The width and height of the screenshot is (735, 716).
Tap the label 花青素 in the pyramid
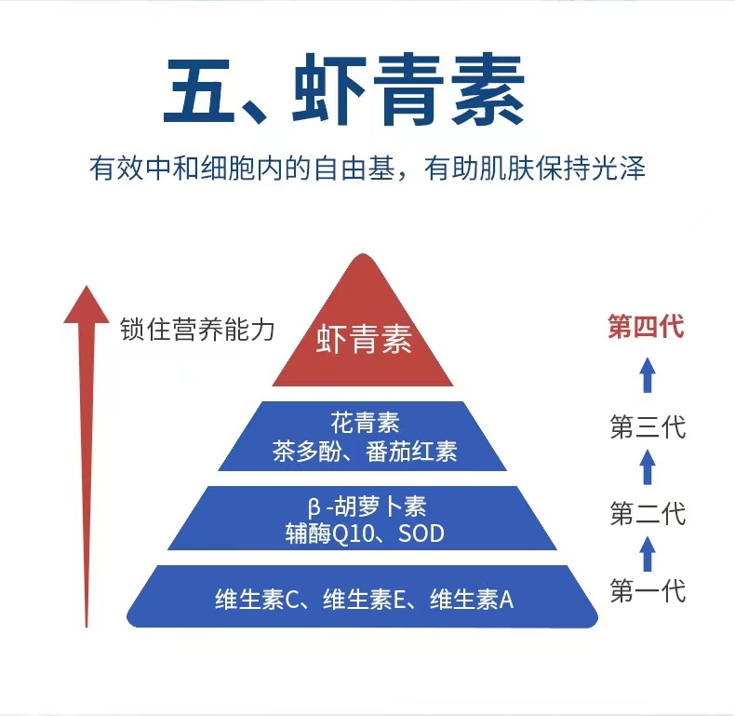coord(365,423)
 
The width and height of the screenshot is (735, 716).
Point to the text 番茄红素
coord(411,452)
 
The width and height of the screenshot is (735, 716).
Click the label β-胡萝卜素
coord(367,507)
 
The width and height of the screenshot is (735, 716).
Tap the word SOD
coord(421,534)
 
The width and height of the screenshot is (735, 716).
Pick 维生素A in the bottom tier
coord(472,600)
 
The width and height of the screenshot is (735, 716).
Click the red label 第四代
coord(646,327)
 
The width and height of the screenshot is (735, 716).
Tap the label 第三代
coord(648,427)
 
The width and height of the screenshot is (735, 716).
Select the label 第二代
coord(648,513)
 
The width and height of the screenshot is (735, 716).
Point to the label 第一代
coord(648,590)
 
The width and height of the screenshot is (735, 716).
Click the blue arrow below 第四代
coord(648,375)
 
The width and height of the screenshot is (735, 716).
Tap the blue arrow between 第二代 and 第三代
coord(648,466)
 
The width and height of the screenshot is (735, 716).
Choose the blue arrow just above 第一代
coord(648,554)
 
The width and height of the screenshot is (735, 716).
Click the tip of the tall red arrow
coord(87,285)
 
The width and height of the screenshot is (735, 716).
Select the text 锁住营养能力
coord(197,330)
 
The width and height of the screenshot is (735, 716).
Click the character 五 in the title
coord(199,90)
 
